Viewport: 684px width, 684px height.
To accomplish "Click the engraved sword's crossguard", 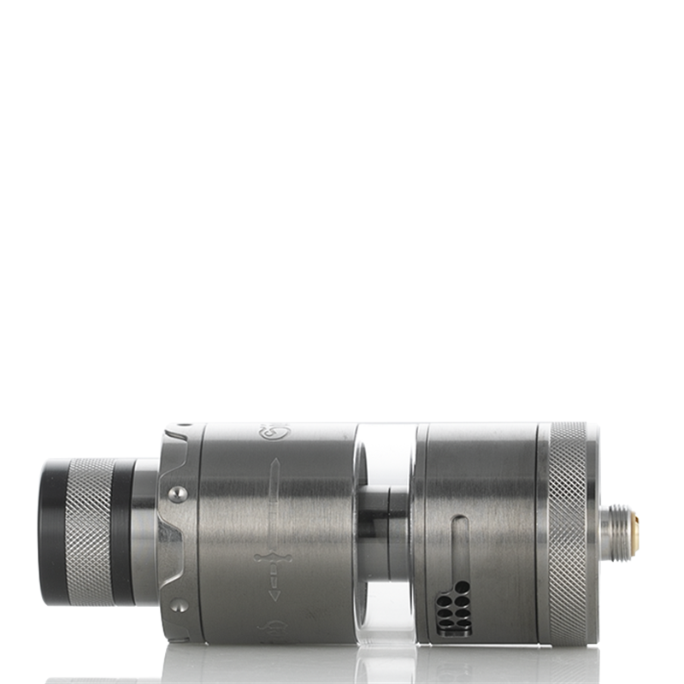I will pyautogui.click(x=273, y=558).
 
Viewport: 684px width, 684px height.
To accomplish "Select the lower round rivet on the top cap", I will pyautogui.click(x=177, y=604).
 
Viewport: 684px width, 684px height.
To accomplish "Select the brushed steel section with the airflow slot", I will pyautogui.click(x=496, y=513).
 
